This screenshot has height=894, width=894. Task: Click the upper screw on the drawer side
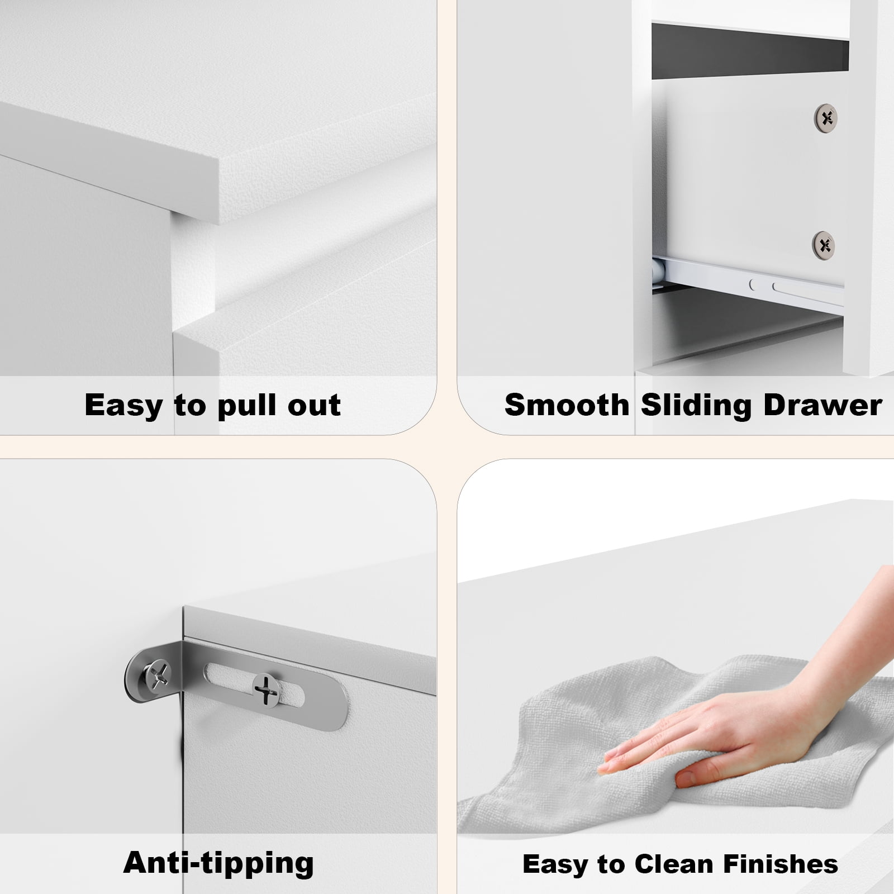826,117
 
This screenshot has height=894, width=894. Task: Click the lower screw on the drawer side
824,244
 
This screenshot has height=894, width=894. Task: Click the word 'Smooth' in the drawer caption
567,405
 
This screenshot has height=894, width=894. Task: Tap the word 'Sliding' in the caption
696,406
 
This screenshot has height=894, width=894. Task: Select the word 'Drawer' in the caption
822,405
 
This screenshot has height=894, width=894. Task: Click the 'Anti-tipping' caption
218,863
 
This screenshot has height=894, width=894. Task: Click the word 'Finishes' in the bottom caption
781,864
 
